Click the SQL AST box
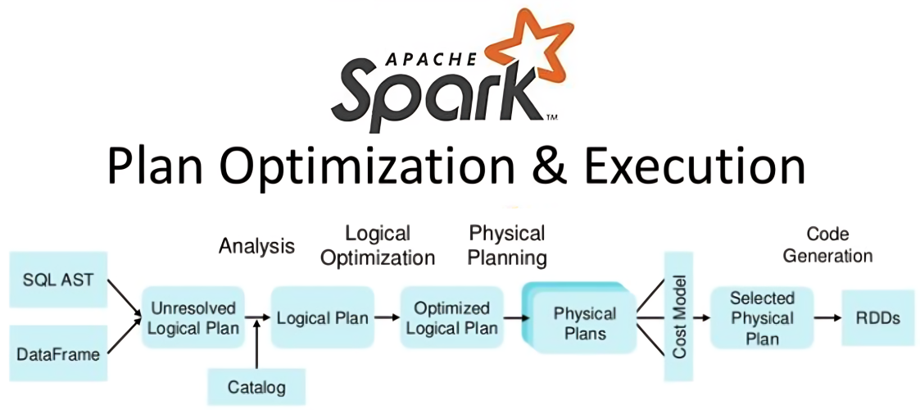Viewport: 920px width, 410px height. point(57,279)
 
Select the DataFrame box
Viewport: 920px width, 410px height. point(57,353)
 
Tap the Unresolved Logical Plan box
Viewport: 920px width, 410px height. point(194,318)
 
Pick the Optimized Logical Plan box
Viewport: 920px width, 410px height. point(451,318)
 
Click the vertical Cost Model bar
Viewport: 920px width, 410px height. point(678,316)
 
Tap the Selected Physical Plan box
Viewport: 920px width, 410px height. point(762,318)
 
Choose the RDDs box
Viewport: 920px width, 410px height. point(877,318)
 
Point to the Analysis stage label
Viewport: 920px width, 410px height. point(256,246)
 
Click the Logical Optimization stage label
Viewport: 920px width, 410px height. point(378,245)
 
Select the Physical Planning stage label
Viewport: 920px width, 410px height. point(507,245)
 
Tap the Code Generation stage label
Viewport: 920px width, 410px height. point(827,244)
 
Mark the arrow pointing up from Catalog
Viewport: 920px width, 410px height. point(258,344)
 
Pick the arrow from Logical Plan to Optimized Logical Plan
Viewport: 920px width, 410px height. point(385,318)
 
